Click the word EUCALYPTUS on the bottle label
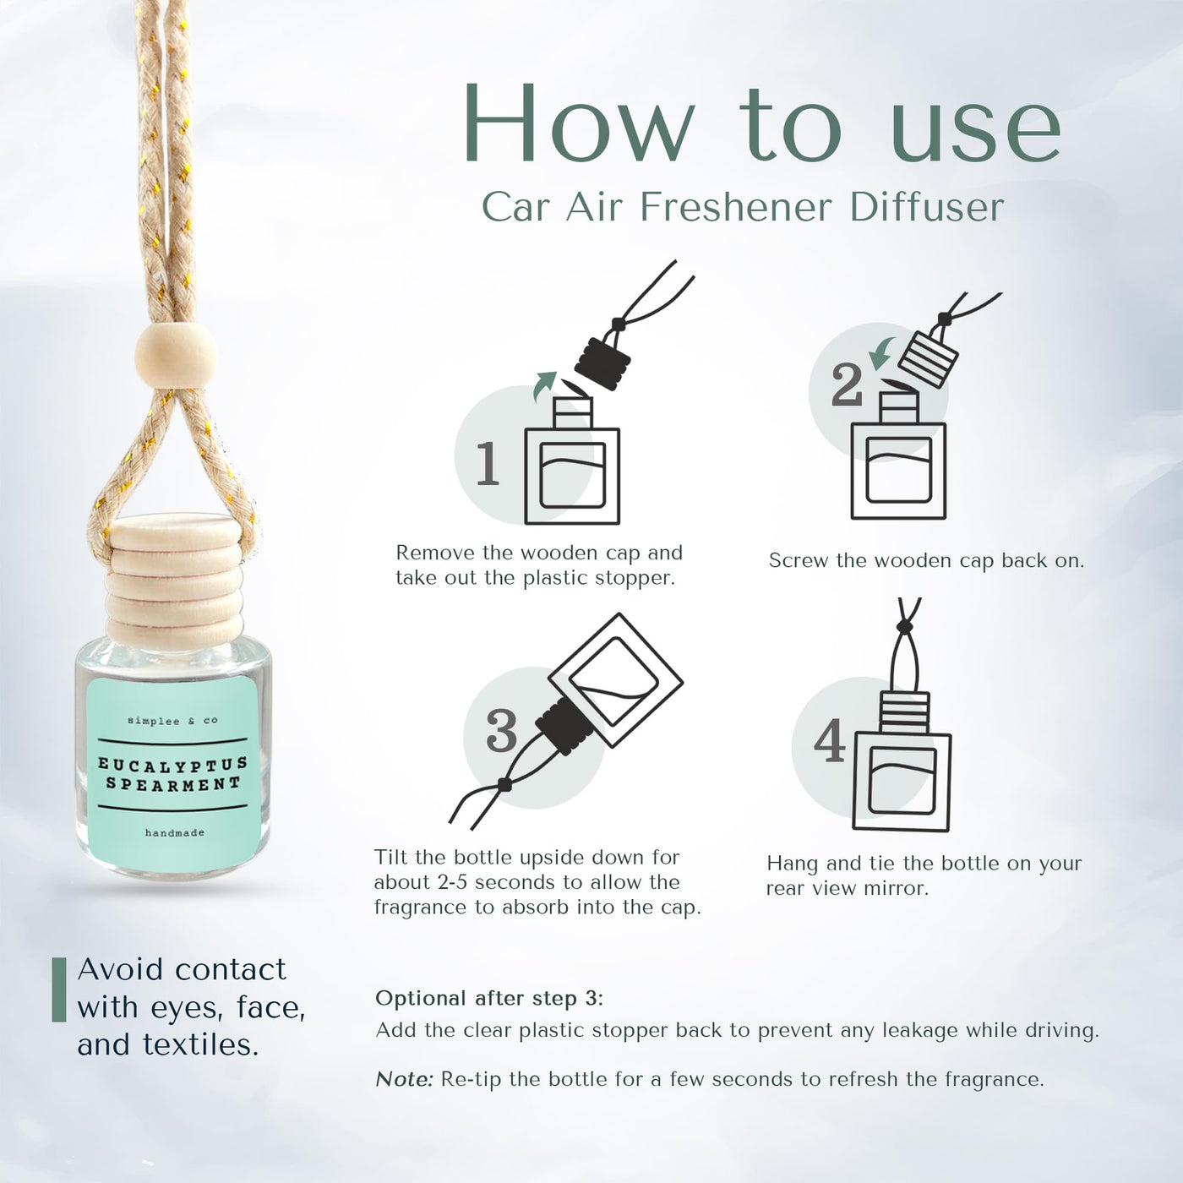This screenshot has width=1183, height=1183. pos(173,764)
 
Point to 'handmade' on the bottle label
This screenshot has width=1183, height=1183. pos(175,833)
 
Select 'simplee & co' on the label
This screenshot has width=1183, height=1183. pos(172,720)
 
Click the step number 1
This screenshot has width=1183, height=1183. pos(488,464)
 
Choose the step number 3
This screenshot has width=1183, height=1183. pos(502,730)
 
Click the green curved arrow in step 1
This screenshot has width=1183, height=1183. pos(542,385)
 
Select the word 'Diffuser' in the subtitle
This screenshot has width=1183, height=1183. pos(927,208)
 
